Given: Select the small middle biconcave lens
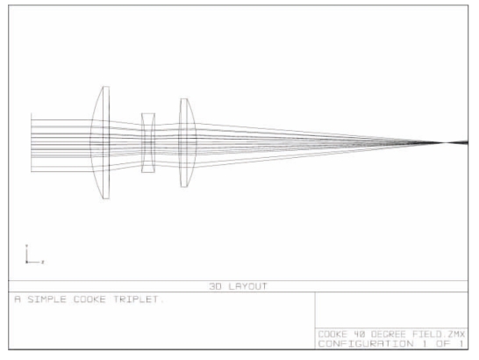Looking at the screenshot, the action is (x=148, y=143).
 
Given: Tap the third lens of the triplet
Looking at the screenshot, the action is (x=188, y=142).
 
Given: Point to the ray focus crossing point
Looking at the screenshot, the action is (x=446, y=142).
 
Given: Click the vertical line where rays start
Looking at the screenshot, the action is (x=32, y=142).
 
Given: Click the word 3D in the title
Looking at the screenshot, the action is (x=216, y=286).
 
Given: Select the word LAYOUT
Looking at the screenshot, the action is (x=247, y=286).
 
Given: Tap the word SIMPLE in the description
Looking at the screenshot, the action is (x=47, y=299).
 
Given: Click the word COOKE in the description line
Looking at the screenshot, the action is (x=89, y=299).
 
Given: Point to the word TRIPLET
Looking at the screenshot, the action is (x=136, y=299).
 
